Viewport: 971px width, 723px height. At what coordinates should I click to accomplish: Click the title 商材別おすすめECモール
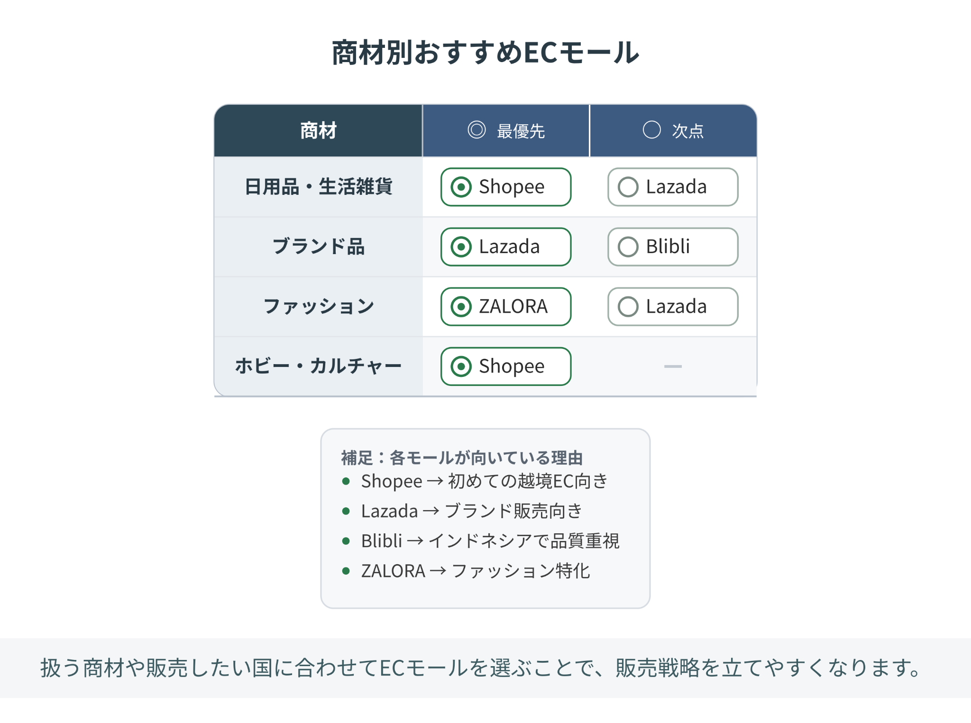[485, 52]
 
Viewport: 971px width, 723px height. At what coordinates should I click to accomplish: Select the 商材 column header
[318, 130]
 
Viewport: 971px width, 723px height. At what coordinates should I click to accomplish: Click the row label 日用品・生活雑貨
[318, 186]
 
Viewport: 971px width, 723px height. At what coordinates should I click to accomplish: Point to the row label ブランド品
[318, 247]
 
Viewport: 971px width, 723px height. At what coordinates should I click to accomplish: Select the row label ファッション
[318, 306]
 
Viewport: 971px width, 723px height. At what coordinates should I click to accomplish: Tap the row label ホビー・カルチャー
[318, 366]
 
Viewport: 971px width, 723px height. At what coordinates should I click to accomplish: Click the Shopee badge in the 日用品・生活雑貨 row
[506, 187]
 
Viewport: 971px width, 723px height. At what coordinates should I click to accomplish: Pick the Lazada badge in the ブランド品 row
[506, 247]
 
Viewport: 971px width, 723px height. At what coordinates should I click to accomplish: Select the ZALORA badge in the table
[506, 306]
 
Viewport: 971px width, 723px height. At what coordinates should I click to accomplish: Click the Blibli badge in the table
[673, 247]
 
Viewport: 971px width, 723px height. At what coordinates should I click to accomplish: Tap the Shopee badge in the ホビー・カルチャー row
[506, 366]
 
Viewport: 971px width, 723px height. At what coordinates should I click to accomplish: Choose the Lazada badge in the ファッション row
[673, 306]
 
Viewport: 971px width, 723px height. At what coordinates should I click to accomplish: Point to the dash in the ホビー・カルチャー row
[673, 366]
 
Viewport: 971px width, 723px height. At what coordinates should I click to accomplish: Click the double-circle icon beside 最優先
[476, 129]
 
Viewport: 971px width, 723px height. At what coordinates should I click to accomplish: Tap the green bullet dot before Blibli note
[346, 541]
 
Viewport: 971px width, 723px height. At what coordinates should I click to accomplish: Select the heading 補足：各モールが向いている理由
[462, 458]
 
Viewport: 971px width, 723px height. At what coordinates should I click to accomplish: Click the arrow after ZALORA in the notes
[438, 571]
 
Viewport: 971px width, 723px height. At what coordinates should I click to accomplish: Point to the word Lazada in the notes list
[389, 511]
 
